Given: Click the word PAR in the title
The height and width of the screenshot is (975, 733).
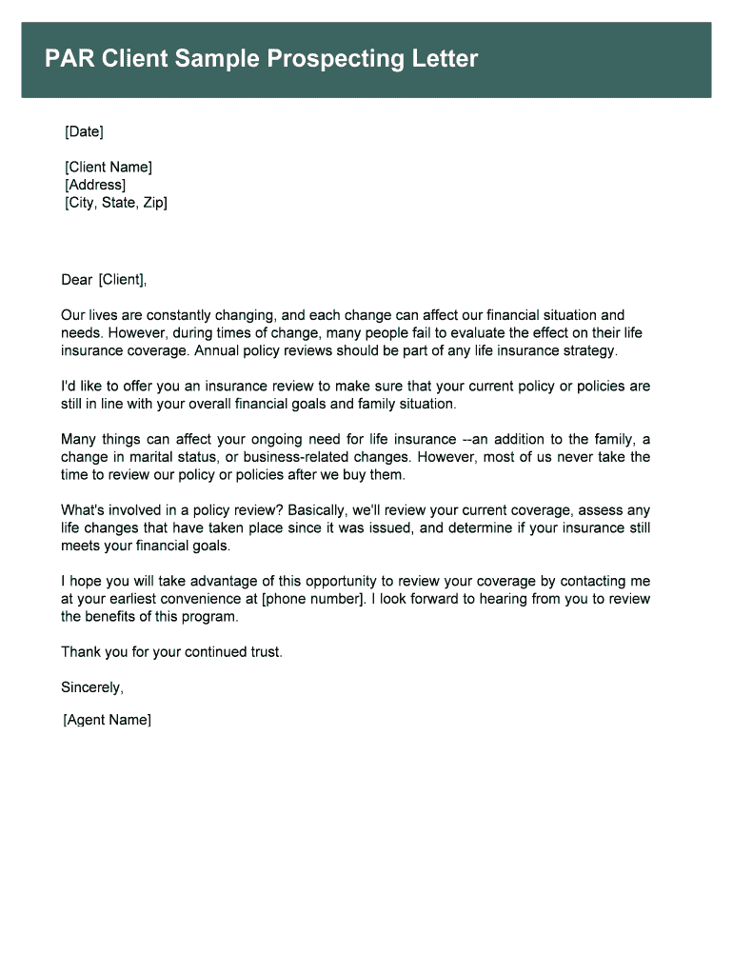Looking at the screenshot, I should coord(68,60).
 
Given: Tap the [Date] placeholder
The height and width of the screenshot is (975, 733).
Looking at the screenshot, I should coord(84,130).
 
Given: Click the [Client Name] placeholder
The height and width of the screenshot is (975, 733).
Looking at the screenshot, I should coord(108,168).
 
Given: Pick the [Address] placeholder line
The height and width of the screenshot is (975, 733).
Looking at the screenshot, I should coord(94,185).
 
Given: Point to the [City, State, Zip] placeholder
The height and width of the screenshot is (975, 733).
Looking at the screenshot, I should coord(115,203).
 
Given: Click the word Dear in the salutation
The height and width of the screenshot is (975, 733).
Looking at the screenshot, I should coord(77,279).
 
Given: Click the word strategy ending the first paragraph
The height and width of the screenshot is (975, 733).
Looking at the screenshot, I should coord(590,350).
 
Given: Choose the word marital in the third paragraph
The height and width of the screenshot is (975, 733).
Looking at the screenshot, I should coord(158,457).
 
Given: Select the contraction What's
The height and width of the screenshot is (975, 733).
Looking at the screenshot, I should coord(85,510).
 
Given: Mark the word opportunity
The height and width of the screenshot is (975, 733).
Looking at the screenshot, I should coord(359,581).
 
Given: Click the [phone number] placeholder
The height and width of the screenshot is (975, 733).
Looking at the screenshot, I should coord(313,599).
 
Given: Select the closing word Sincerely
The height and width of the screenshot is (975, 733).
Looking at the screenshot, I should coord(91,686).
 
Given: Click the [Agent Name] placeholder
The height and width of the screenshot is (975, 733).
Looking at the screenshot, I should coord(107,720).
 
